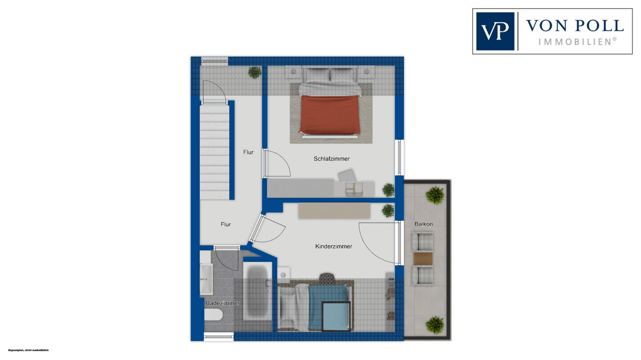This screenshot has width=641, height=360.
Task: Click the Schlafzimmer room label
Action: (x=331, y=159)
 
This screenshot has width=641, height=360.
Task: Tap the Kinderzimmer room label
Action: (x=334, y=246)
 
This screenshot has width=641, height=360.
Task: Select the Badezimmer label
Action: (x=223, y=303)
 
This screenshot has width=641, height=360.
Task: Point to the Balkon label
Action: (x=423, y=224)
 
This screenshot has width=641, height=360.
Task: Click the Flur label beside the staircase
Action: (x=248, y=152)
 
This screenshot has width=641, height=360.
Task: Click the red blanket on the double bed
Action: (x=329, y=115)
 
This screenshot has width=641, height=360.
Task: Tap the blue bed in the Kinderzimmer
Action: (x=329, y=308)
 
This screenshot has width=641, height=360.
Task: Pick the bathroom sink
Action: (x=206, y=279)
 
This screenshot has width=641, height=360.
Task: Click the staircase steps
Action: (x=215, y=152)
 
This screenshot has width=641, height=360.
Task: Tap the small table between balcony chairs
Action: (x=423, y=258)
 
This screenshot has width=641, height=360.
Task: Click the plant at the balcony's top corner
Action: (x=435, y=195)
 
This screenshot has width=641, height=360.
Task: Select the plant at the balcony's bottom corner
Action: (x=435, y=325)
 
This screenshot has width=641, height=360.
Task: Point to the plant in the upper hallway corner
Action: (x=254, y=72)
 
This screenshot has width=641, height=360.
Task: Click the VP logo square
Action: (x=495, y=31)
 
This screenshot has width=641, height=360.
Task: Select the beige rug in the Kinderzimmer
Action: (x=334, y=211)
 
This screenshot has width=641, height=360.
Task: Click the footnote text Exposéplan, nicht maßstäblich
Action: (x=29, y=350)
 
